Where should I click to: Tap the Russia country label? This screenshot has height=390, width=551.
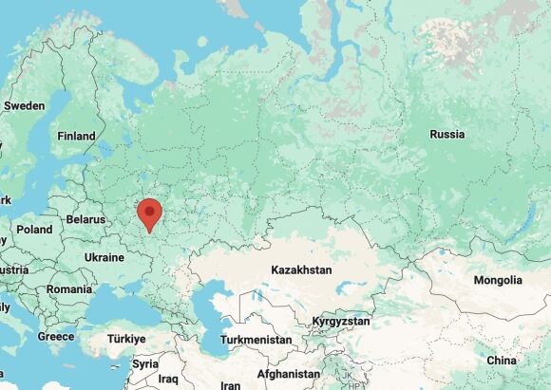[x=446, y=135]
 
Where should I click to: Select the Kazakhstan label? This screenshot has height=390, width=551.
[x=301, y=270]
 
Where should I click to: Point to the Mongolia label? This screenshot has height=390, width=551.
[x=498, y=281]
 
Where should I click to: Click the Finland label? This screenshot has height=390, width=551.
[x=77, y=137]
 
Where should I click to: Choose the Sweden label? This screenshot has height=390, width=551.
[x=25, y=106]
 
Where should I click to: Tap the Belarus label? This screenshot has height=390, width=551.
[x=85, y=219]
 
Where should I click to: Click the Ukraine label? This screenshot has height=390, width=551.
[x=104, y=257]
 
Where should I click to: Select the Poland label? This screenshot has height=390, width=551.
[x=34, y=230]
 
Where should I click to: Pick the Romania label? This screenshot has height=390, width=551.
[x=69, y=288]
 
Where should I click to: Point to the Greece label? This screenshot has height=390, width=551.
[x=56, y=337]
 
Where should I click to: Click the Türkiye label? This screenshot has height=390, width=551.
[x=125, y=339]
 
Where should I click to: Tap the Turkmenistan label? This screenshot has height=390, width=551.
[x=255, y=340]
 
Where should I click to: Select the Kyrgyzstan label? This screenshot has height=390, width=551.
[x=341, y=322]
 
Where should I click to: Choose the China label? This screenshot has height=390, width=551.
[x=502, y=361]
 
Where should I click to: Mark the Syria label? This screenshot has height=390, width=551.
[x=145, y=364]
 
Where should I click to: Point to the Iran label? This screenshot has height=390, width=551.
[x=230, y=385]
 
